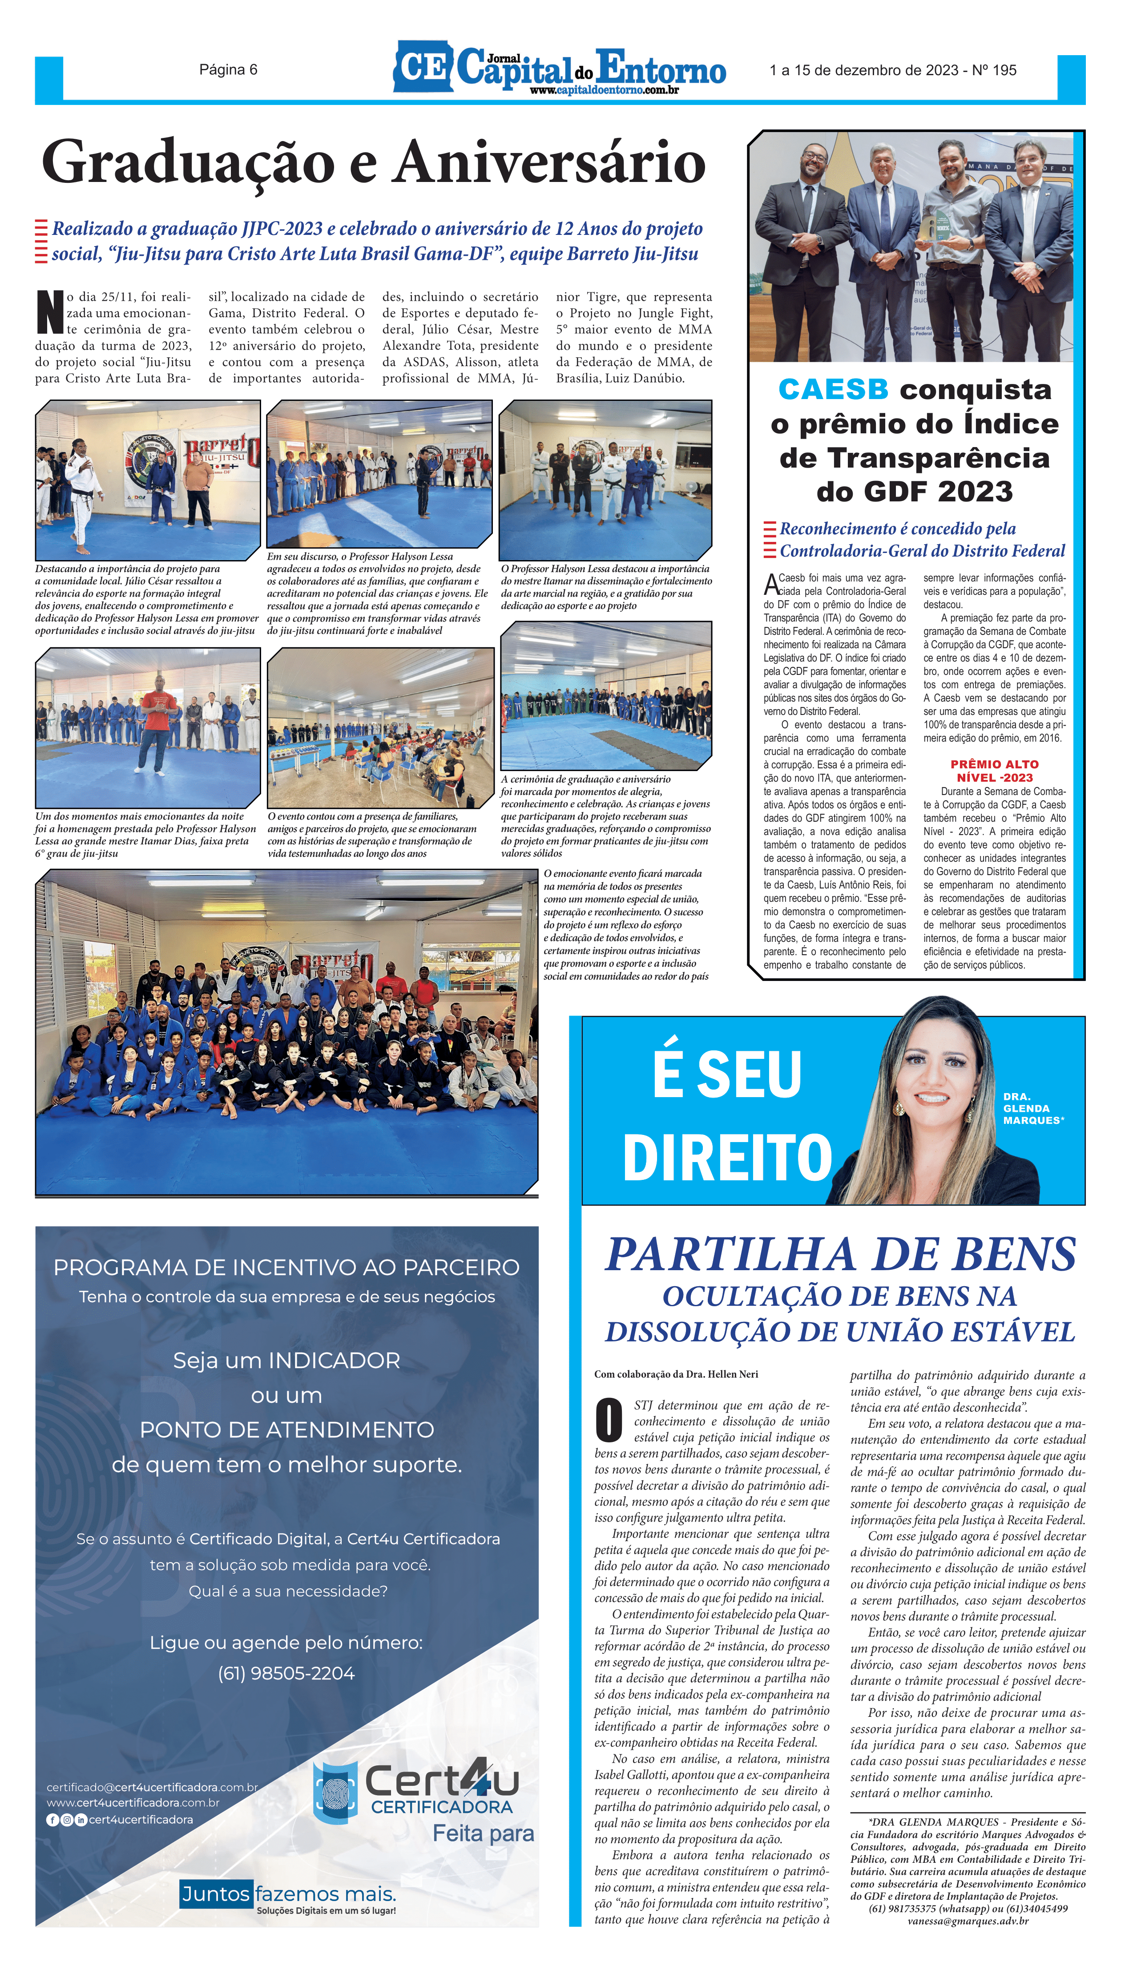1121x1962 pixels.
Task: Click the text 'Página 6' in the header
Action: (228, 70)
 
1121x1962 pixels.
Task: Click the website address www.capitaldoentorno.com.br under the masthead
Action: (604, 91)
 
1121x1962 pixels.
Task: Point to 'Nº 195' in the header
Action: (993, 70)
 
